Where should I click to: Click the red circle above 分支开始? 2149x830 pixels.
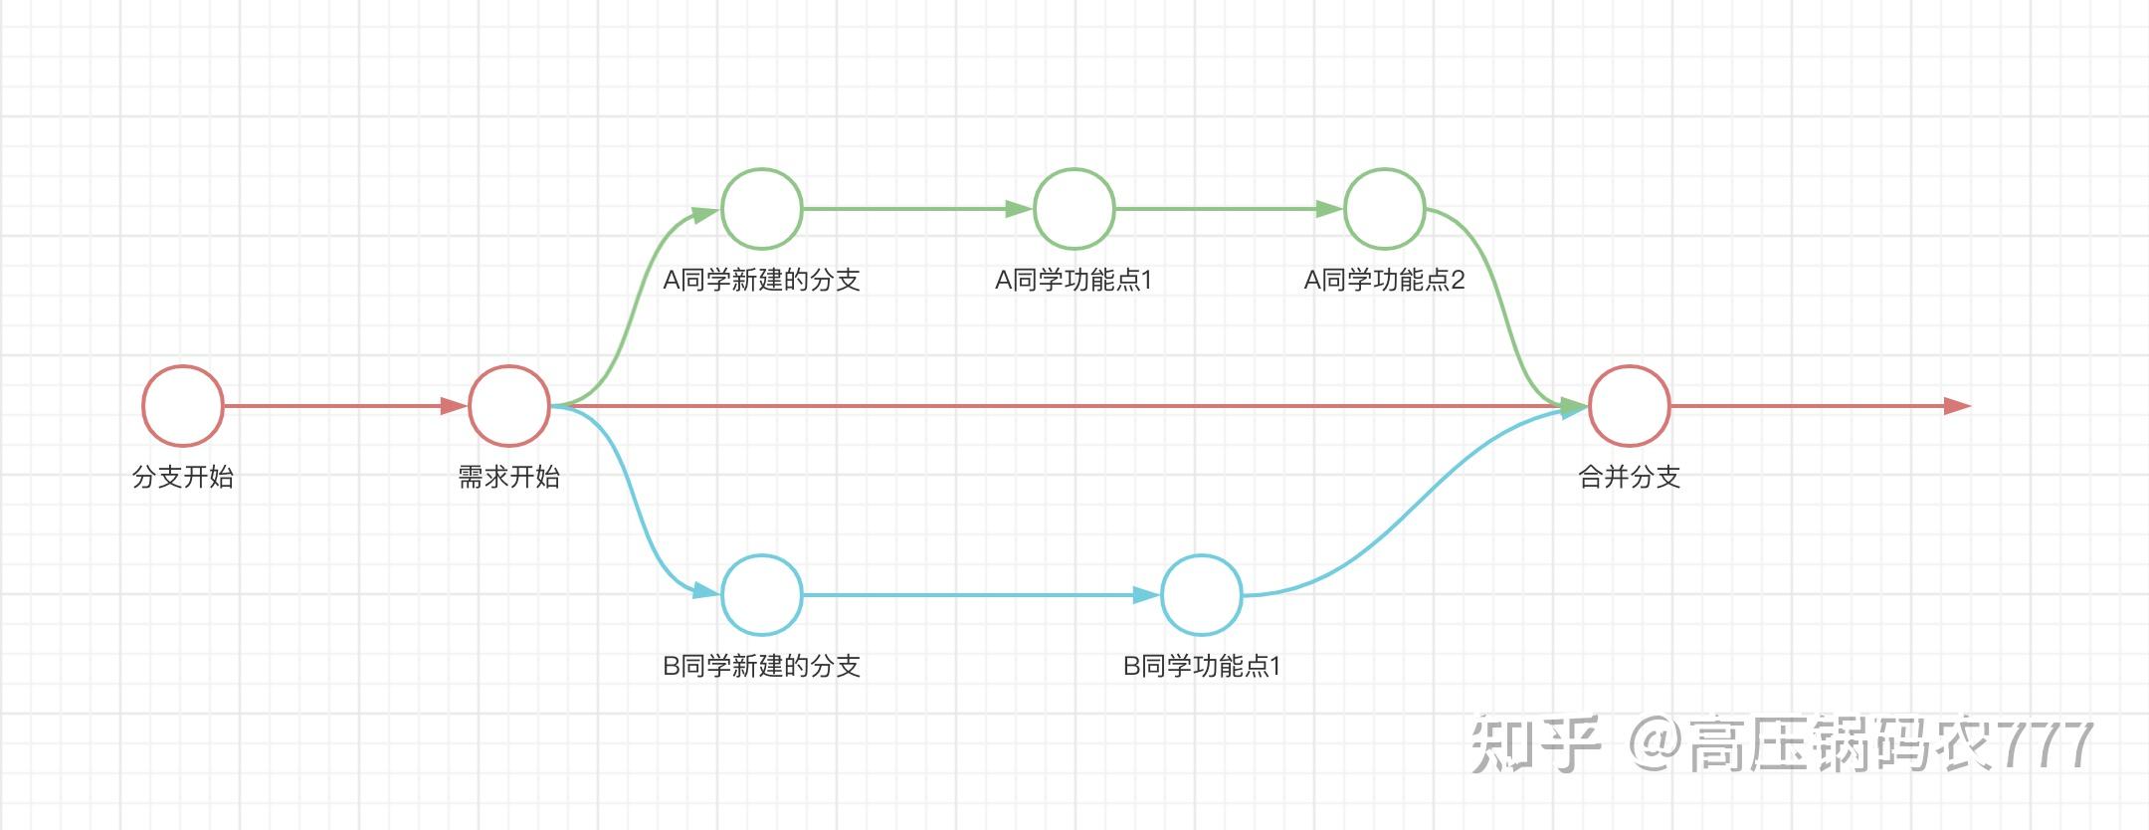coord(183,406)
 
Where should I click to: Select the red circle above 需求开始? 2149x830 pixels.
coord(509,406)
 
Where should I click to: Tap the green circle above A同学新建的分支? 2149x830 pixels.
coord(762,209)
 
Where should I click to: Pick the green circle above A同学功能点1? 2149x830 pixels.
coord(1074,209)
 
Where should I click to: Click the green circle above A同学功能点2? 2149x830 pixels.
coord(1385,209)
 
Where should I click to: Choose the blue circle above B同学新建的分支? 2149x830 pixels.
coord(762,595)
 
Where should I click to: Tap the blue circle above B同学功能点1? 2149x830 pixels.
coord(1202,595)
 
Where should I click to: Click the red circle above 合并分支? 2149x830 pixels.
coord(1630,406)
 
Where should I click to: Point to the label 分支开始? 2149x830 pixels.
coord(183,477)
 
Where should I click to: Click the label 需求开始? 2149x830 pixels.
coord(509,477)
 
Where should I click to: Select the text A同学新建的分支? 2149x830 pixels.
coord(762,280)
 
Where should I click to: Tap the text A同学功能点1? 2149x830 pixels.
coord(1074,280)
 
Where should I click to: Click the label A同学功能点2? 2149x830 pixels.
coord(1385,280)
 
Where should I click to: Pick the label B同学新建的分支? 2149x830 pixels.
coord(762,666)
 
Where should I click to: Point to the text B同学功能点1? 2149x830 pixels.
coord(1202,666)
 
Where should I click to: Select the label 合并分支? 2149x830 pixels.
coord(1630,477)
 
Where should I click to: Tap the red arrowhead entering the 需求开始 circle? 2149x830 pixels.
coord(454,406)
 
